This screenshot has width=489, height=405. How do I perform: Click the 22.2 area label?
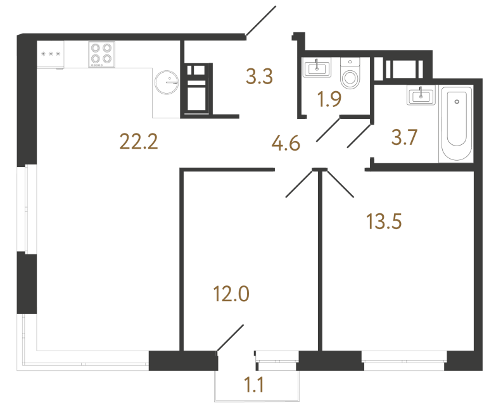pos(138,142)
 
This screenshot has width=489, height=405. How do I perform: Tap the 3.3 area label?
pos(259,78)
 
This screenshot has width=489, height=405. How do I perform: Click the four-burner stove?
pos(101,54)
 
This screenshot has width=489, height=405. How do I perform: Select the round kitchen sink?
pos(169,81)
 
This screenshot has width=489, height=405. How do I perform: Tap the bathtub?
pos(456,125)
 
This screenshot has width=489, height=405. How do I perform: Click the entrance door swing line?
pos(261,21)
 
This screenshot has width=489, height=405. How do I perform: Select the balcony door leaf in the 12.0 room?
pos(231,337)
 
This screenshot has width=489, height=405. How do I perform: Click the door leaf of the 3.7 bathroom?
pos(359,137)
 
